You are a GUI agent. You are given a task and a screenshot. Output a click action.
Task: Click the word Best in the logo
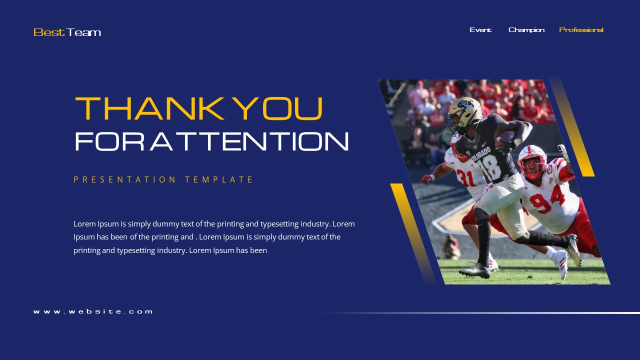click(x=49, y=32)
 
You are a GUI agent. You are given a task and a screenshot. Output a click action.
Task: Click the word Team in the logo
click(x=84, y=32)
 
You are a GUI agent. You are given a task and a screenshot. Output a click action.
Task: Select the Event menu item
click(x=480, y=30)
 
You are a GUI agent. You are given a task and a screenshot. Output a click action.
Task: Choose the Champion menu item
click(x=526, y=30)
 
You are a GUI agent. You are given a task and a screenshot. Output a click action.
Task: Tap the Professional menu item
click(x=581, y=30)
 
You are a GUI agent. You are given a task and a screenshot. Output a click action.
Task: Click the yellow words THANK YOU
click(x=199, y=108)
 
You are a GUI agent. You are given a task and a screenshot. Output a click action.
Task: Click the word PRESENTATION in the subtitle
click(x=125, y=179)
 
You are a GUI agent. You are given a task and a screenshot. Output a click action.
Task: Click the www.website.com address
click(x=93, y=311)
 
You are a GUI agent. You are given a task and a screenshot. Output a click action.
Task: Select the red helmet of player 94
click(x=532, y=161)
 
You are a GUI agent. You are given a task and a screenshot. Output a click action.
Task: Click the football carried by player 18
click(x=507, y=137)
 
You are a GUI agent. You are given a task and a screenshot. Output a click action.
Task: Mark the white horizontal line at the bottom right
click(x=525, y=313)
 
